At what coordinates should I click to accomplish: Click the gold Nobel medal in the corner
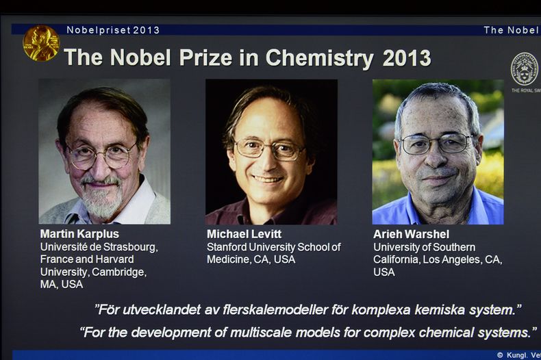click(41, 43)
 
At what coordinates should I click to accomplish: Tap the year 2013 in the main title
click(407, 58)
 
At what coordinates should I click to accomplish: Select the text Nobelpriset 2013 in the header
click(113, 30)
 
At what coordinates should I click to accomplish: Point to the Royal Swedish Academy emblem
click(525, 68)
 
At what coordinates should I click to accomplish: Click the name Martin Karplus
click(79, 234)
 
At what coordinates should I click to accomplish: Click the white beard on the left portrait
click(103, 200)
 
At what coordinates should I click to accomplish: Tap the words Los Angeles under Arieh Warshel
click(453, 260)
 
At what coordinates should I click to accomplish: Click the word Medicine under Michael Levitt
click(230, 260)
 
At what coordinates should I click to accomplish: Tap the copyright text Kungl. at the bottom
click(523, 355)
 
